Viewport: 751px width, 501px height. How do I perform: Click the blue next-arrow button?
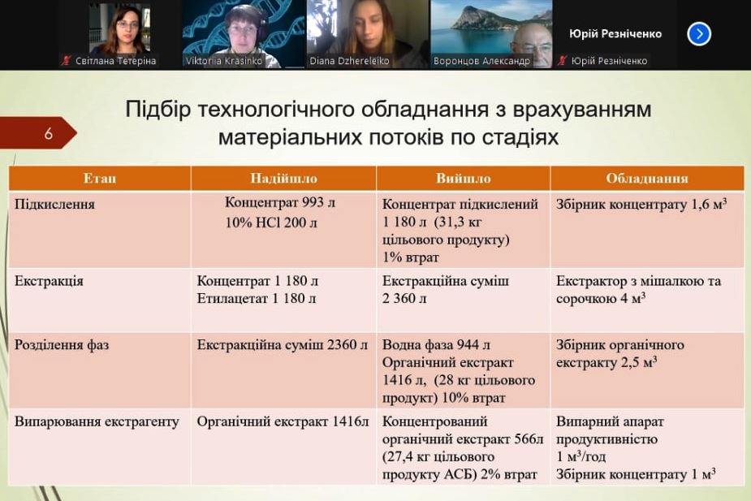point(699,34)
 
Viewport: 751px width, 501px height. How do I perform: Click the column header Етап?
point(100,178)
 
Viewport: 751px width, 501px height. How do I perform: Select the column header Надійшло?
point(283,178)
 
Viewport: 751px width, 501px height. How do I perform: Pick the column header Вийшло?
point(463,178)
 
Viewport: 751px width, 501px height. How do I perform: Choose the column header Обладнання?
point(646,178)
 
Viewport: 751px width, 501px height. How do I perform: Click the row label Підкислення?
point(54,205)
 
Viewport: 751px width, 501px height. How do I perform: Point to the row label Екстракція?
point(49,281)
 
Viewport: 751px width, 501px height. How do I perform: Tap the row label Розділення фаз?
point(62,345)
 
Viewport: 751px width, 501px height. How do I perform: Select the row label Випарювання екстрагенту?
point(97,421)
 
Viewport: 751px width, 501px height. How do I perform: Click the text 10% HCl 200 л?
point(271,222)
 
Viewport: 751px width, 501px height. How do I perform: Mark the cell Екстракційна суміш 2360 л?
point(282,345)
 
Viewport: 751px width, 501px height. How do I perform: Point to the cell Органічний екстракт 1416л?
point(283,421)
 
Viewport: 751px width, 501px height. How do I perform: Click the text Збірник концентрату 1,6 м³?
point(641,204)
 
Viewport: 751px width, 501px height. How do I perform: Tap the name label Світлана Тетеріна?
point(115,61)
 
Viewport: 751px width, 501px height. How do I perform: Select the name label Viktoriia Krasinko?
point(224,61)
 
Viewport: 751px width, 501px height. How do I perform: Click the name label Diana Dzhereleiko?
point(349,61)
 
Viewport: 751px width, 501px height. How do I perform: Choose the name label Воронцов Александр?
point(481,61)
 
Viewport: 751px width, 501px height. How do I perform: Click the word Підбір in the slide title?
point(158,109)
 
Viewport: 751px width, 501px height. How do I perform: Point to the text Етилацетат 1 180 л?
point(257,298)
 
